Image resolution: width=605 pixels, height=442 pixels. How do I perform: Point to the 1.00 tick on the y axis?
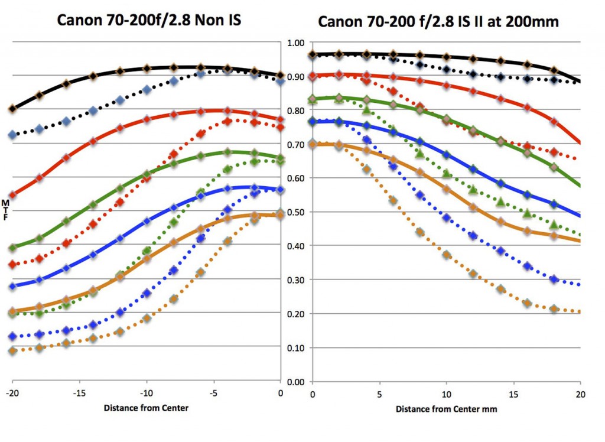(295, 43)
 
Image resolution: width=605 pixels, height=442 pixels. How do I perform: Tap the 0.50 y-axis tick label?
(295, 212)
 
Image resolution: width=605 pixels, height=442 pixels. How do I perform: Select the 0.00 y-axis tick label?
(295, 382)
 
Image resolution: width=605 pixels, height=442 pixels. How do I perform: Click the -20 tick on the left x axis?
(12, 393)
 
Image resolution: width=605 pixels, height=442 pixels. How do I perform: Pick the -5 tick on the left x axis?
(213, 393)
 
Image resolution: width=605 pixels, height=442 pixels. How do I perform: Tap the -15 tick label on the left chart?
(80, 393)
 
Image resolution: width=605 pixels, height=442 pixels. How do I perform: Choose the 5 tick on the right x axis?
(380, 393)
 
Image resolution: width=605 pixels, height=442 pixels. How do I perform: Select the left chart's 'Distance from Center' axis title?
(147, 408)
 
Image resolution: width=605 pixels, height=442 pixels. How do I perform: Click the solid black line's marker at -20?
(12, 109)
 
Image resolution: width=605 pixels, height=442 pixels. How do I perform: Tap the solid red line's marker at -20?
(12, 194)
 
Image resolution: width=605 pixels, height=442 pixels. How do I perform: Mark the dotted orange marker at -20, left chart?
(12, 351)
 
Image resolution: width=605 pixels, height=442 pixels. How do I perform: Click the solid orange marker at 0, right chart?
(313, 144)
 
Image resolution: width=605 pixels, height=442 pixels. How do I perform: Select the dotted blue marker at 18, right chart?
(554, 279)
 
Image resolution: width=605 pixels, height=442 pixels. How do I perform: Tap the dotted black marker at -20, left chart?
(12, 135)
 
